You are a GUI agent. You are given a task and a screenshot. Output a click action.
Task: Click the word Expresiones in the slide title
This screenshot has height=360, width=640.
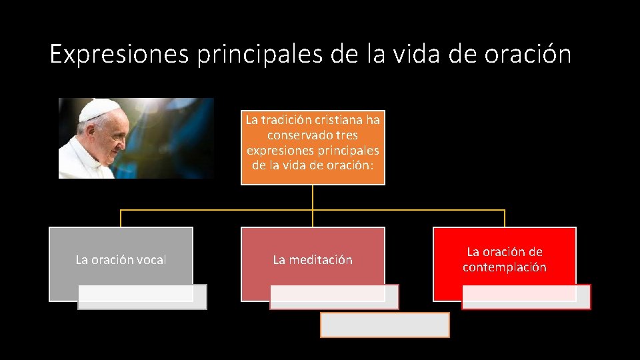(119, 54)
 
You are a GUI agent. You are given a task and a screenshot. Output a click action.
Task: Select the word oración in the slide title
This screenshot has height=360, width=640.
(528, 54)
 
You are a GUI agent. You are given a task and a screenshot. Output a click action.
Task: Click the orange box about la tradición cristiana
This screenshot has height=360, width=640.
(313, 147)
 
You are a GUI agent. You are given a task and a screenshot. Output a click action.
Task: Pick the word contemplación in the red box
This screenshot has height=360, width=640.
(505, 267)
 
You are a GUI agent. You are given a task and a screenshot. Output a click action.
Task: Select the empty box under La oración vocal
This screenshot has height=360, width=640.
(142, 297)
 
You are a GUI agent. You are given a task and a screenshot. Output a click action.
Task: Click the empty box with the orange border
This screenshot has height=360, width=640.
(385, 325)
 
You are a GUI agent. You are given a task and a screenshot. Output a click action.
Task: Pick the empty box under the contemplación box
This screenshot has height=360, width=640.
(526, 297)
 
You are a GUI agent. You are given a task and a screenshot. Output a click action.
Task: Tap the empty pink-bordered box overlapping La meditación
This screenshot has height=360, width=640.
(334, 297)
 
